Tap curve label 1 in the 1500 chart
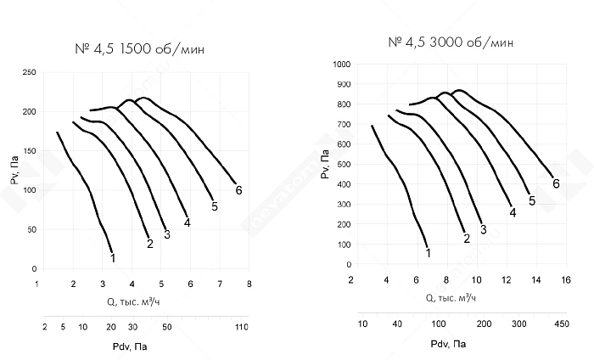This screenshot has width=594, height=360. [x=113, y=257]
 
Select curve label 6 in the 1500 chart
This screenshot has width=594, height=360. [x=238, y=190]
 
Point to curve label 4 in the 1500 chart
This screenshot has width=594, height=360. [x=187, y=222]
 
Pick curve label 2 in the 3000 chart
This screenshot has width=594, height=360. [x=466, y=239]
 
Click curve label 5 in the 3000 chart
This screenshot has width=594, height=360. [x=532, y=200]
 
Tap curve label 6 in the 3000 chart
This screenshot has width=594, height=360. [x=556, y=183]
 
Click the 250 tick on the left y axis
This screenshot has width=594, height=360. [x=29, y=72]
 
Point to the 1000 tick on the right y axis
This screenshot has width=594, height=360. [x=342, y=65]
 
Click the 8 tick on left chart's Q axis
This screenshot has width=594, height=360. [x=249, y=285]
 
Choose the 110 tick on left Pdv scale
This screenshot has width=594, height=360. [x=241, y=326]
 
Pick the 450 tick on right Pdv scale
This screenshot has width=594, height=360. [x=561, y=323]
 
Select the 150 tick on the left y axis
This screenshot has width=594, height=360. [x=29, y=151]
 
